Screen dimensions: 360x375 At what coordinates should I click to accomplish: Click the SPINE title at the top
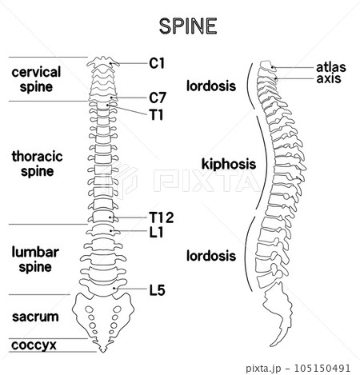(x=188, y=26)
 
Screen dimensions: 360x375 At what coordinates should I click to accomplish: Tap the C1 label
(x=157, y=63)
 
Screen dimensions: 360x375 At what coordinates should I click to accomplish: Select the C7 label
(x=158, y=98)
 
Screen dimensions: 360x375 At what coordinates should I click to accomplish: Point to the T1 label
(x=156, y=115)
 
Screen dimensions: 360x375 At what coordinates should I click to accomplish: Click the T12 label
(x=162, y=217)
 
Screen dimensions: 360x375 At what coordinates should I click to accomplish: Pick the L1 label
(x=156, y=232)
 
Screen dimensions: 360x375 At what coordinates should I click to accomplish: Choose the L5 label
(x=157, y=290)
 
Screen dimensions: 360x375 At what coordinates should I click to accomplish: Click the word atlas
(x=331, y=67)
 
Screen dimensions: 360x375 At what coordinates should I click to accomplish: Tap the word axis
(x=329, y=78)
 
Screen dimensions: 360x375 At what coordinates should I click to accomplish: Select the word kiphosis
(x=229, y=164)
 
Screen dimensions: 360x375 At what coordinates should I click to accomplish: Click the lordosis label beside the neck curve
(x=211, y=86)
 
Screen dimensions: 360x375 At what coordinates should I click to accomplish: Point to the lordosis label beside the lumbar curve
(x=211, y=256)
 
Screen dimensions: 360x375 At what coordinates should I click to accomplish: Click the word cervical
(x=36, y=72)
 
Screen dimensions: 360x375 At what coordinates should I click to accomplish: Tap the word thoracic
(x=37, y=156)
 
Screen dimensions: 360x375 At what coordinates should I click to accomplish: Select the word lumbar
(x=35, y=252)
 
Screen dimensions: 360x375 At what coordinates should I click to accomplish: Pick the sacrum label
(x=35, y=317)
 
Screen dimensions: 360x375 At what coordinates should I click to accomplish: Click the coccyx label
(x=34, y=345)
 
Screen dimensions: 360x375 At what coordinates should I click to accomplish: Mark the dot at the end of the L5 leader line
(x=114, y=288)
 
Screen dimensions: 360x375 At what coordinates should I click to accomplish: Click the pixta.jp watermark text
(x=263, y=369)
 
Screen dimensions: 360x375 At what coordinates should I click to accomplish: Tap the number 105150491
(x=322, y=368)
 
